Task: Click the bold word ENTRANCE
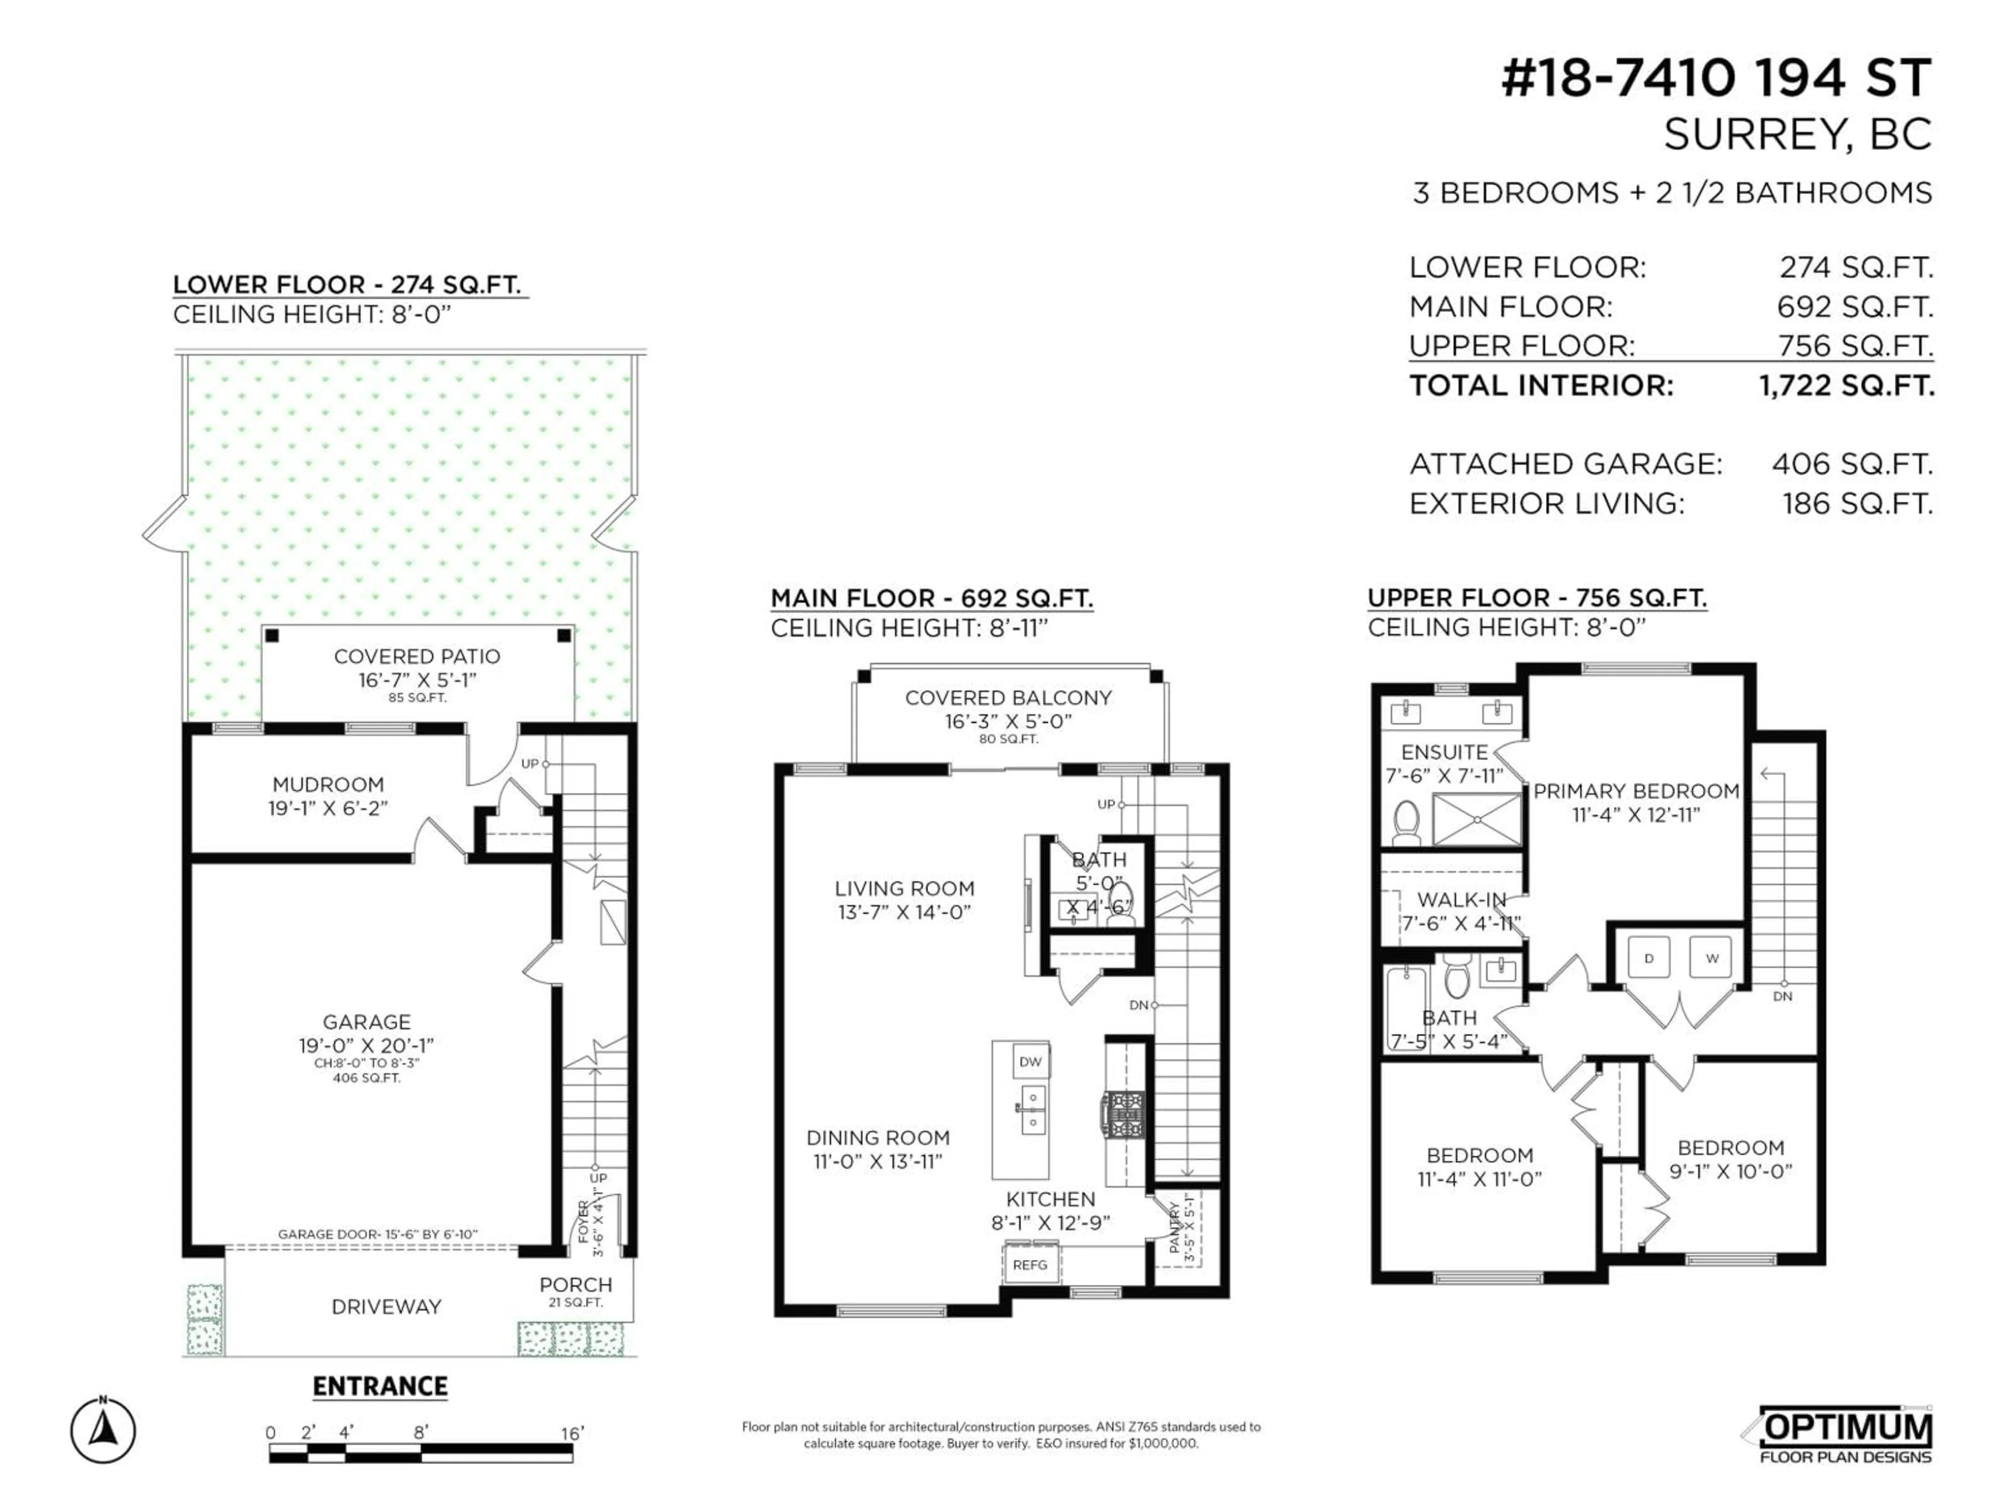(x=380, y=1386)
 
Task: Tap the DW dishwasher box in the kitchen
(x=1030, y=1061)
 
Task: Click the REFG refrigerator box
(x=1030, y=1264)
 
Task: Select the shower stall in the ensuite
(x=1477, y=819)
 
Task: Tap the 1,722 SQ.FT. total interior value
(x=1846, y=386)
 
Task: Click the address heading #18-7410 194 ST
(x=1716, y=79)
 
